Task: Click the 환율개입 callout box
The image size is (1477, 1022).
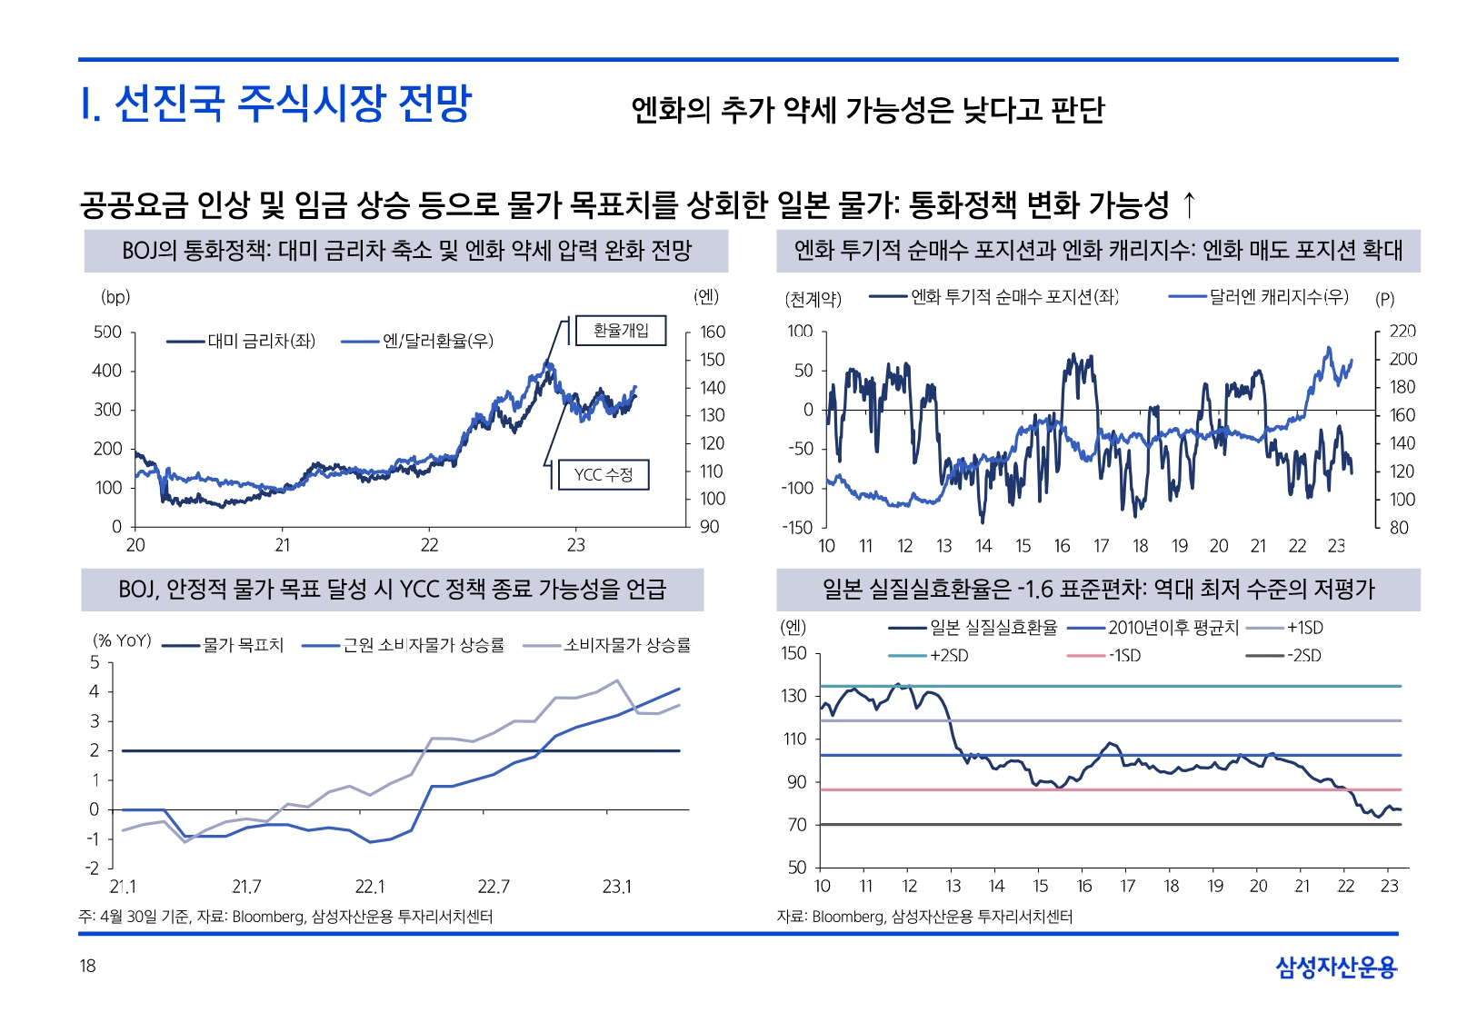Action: click(x=621, y=331)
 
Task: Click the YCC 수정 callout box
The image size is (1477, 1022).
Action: click(x=603, y=474)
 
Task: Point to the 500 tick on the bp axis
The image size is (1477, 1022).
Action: click(x=107, y=332)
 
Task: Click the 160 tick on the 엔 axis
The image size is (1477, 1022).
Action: click(x=713, y=332)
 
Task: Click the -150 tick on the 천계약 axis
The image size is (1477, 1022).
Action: click(x=797, y=527)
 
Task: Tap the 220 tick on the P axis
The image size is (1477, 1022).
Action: click(x=1402, y=332)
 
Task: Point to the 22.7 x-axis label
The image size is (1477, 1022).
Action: click(x=494, y=887)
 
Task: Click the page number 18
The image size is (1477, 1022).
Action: click(x=87, y=966)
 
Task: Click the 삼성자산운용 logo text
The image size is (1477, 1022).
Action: click(x=1336, y=967)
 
